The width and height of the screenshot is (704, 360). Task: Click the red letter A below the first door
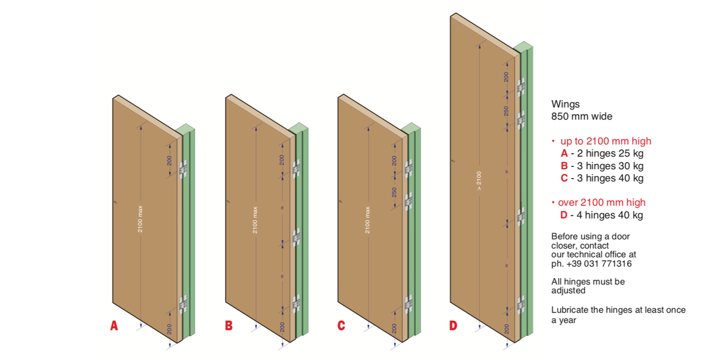coord(114,326)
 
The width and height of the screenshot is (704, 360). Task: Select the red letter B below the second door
coord(228,326)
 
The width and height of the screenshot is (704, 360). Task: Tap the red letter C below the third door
coord(341,326)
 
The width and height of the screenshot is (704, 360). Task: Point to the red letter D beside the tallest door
coord(453,326)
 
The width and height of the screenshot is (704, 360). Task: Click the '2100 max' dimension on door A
coord(140,220)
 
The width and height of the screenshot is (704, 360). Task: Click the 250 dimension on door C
coord(394,192)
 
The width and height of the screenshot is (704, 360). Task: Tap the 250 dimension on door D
coord(506,110)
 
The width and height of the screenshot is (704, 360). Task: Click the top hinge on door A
coord(184,170)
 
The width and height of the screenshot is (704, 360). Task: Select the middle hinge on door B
coord(296,236)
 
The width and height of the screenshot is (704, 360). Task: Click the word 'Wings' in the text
coord(565,104)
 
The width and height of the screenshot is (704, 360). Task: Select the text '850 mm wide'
coord(582,117)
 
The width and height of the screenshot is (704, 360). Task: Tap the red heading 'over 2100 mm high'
coord(601,202)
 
